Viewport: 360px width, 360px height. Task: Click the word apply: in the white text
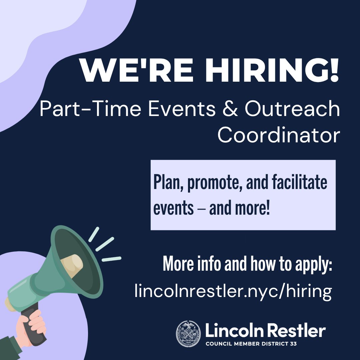click(x=313, y=265)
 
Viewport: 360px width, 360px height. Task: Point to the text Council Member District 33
click(x=251, y=344)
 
